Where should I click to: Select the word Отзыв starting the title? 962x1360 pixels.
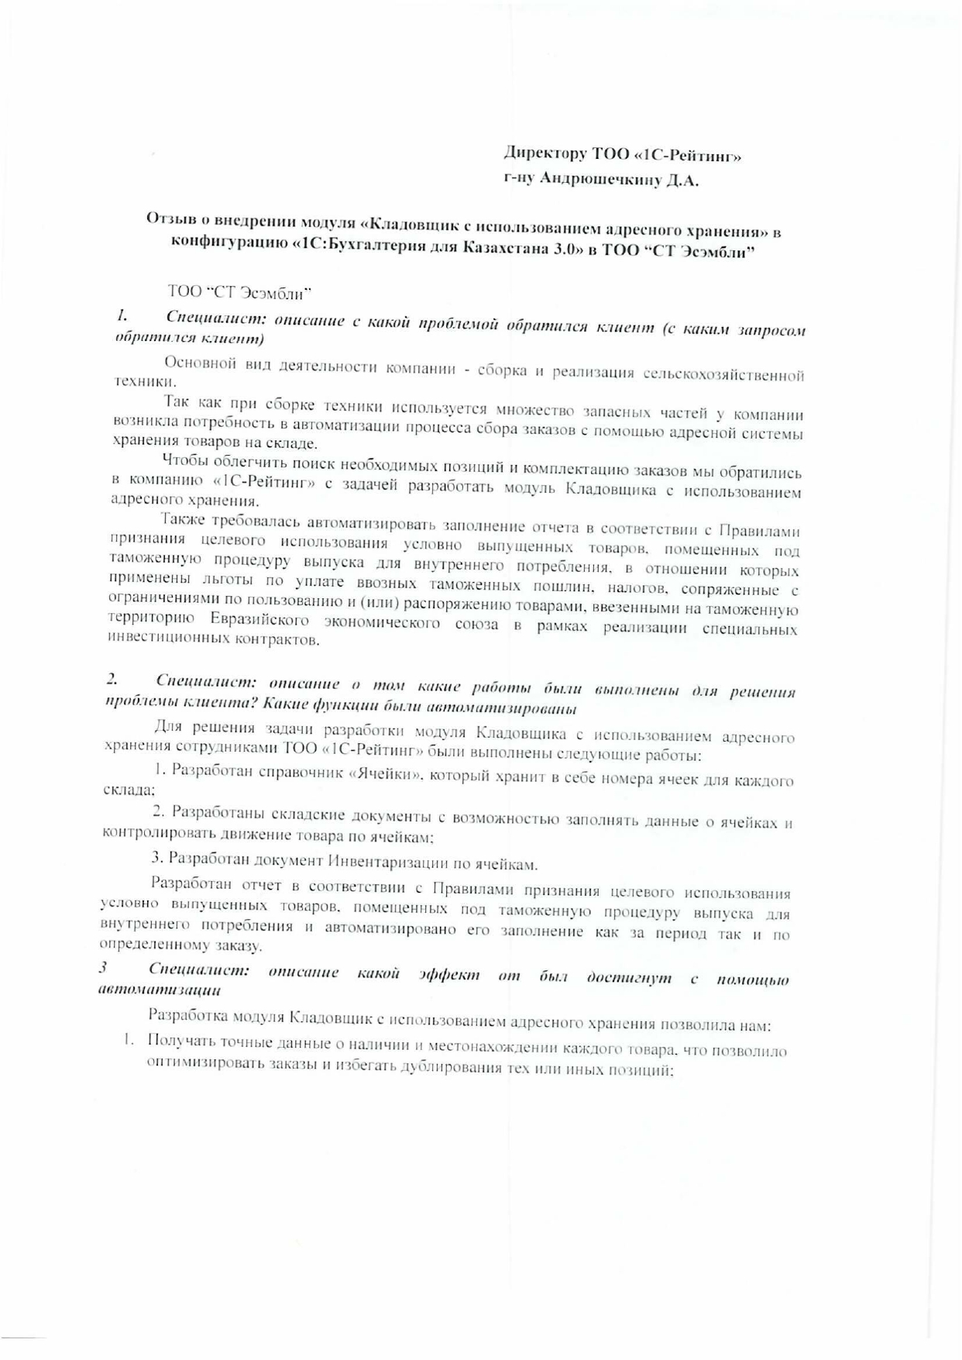tap(168, 219)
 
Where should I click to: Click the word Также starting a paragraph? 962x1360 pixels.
tap(182, 520)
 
